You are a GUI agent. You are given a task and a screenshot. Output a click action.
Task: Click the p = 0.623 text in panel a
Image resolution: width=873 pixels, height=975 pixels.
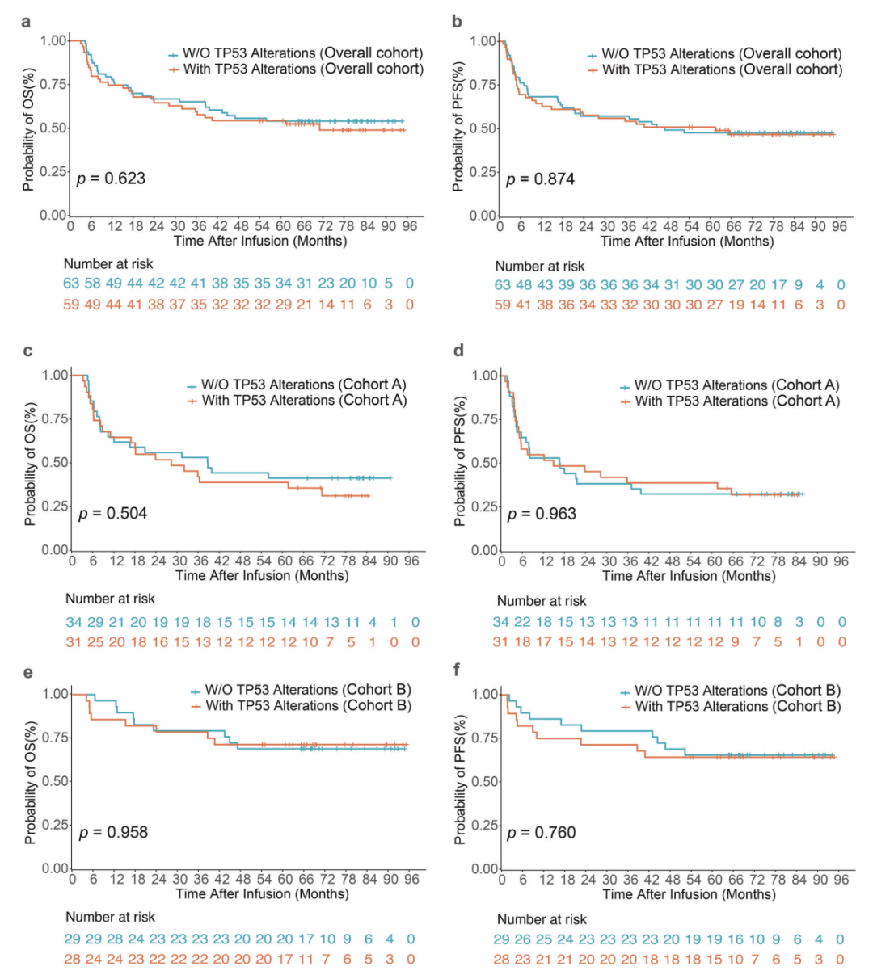111,179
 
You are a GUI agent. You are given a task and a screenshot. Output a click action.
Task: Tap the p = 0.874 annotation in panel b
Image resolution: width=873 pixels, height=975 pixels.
540,179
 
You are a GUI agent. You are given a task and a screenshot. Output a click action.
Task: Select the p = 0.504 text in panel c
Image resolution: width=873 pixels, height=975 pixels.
112,513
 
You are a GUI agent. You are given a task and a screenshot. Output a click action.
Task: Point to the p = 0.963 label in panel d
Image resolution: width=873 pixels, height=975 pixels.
542,514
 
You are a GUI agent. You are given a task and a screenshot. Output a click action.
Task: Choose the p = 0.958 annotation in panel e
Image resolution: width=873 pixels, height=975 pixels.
112,832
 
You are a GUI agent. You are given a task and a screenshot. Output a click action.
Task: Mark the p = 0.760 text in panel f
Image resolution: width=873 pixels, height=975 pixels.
542,833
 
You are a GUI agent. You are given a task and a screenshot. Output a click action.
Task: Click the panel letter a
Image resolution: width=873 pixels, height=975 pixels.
27,22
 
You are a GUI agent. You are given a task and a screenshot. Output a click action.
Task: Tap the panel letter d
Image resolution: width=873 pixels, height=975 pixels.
458,353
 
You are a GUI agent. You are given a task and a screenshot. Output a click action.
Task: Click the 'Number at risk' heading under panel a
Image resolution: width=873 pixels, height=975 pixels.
108,264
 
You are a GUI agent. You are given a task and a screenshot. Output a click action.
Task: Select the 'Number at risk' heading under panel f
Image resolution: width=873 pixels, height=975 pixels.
541,919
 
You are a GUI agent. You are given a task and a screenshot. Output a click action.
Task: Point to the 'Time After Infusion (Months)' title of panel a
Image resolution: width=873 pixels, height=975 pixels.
260,241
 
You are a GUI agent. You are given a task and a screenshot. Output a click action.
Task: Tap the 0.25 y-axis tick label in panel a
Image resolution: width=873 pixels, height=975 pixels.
53,171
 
